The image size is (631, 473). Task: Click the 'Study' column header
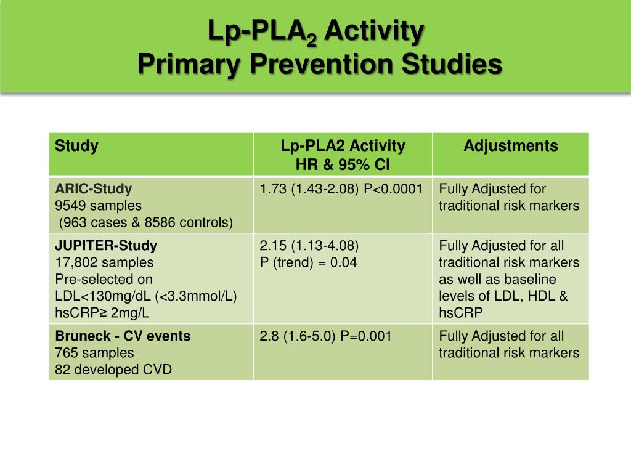coord(76,147)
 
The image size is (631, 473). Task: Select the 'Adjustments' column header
coord(510,146)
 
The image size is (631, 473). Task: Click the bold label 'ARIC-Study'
coord(94,189)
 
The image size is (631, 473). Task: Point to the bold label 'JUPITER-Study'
coord(106,246)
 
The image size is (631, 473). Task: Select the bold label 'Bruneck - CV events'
coord(123,336)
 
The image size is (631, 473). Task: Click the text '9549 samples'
coord(98,206)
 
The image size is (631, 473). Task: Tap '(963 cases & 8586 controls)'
coord(145,222)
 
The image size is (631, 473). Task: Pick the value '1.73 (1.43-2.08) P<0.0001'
coord(341,189)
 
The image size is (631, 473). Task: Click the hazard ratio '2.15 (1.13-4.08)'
coord(309,246)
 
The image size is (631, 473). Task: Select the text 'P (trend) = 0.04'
coord(309,262)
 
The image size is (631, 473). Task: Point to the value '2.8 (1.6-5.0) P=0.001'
coord(326,336)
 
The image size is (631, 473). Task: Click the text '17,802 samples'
coord(104,262)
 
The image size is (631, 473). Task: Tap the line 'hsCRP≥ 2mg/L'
coord(102,312)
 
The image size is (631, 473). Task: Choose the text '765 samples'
coord(94,353)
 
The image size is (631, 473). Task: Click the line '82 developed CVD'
coord(113,370)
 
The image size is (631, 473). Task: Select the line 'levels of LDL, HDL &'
coord(503,296)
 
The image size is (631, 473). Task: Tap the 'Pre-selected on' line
coord(104,279)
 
